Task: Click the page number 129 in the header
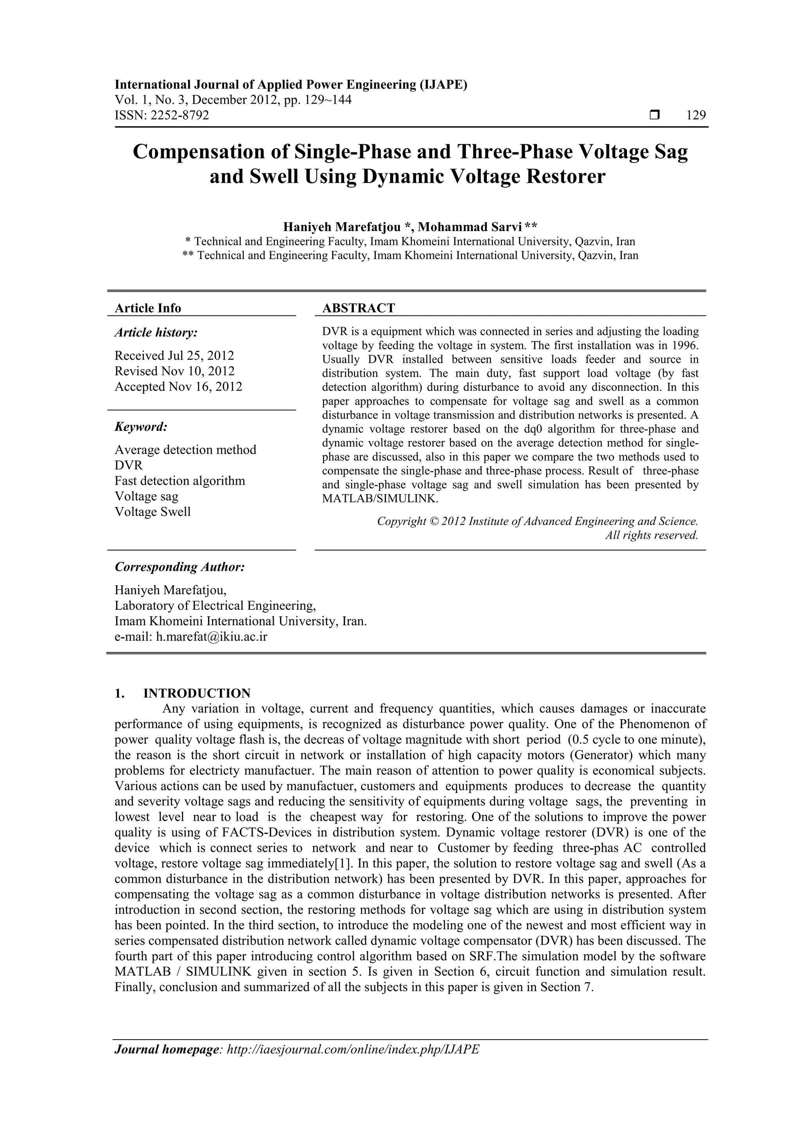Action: point(696,115)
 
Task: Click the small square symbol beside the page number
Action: point(654,115)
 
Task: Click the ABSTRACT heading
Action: point(359,308)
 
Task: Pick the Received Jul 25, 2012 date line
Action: point(174,355)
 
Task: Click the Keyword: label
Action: point(141,427)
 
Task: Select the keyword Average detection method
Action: point(185,450)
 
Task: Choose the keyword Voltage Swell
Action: point(153,512)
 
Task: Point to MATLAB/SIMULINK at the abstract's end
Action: point(380,498)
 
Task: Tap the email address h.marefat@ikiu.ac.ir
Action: point(212,636)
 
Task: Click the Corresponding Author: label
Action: point(180,567)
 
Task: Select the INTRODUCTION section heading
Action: point(197,693)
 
